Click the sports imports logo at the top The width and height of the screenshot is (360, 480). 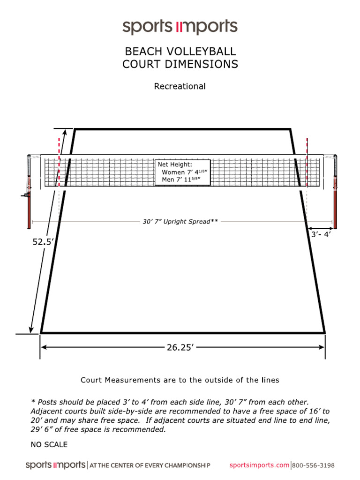(x=180, y=27)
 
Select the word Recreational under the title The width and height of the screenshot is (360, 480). (x=180, y=86)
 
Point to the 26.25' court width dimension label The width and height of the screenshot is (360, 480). (x=180, y=347)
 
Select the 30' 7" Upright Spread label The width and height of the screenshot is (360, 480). (x=180, y=221)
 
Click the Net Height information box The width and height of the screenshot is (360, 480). (x=182, y=172)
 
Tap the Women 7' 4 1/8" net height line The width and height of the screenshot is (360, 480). (x=184, y=172)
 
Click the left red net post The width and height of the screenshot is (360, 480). (x=29, y=206)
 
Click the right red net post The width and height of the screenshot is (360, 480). (x=335, y=206)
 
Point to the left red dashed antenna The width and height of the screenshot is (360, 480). (x=59, y=159)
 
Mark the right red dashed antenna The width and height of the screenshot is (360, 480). (x=307, y=159)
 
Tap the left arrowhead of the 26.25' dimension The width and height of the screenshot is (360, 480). (x=44, y=347)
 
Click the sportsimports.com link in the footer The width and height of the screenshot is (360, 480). (x=259, y=465)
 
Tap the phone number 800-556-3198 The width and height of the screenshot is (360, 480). (x=314, y=465)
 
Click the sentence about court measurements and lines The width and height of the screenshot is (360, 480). (x=180, y=380)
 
